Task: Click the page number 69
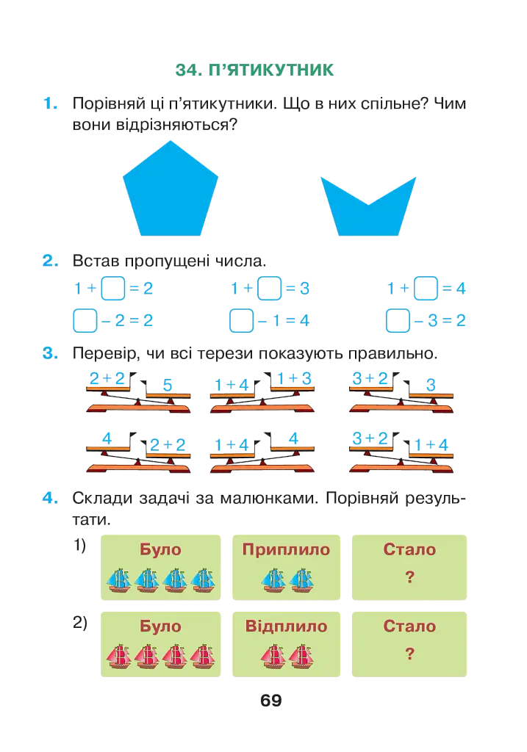[270, 701]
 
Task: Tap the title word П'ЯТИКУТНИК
[270, 70]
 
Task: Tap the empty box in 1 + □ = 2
[113, 288]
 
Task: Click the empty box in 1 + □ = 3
[269, 288]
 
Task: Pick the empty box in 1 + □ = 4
[426, 288]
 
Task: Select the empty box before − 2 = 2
[85, 320]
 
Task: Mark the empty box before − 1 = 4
[241, 320]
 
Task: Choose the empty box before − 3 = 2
[398, 320]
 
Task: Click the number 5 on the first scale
[168, 385]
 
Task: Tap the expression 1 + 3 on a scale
[294, 378]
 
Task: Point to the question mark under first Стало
[409, 577]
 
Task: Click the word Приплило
[286, 549]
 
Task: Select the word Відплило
[286, 626]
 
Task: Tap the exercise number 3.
[50, 353]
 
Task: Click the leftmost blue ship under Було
[118, 580]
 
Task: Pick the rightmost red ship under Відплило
[301, 657]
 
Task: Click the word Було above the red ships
[160, 626]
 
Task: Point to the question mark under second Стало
[409, 654]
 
